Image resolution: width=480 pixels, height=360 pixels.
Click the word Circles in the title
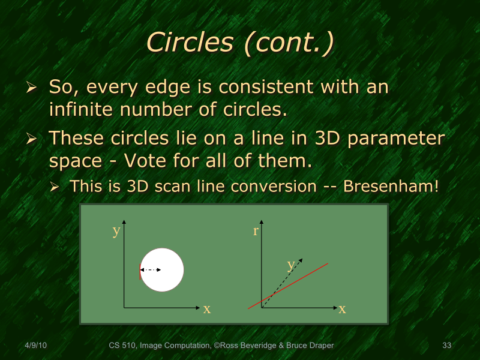[x=190, y=42]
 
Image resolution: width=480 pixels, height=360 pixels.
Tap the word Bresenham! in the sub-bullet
[x=391, y=186]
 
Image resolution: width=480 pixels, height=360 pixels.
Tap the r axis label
[x=256, y=230]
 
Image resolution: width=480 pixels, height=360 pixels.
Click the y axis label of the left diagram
[x=116, y=231]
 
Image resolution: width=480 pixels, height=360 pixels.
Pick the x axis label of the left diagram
[x=206, y=309]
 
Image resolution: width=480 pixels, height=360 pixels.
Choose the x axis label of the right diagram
[x=342, y=309]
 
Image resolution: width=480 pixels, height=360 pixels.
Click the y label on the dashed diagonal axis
[x=291, y=264]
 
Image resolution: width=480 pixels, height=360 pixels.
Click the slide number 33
[x=446, y=346]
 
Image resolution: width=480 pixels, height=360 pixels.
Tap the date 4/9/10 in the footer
[x=36, y=346]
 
